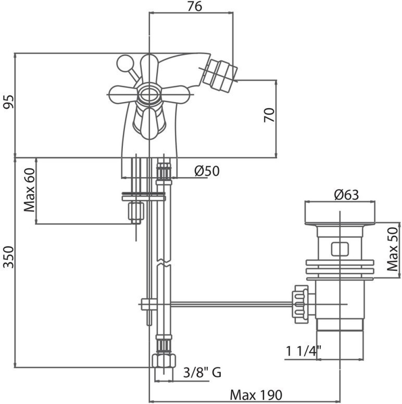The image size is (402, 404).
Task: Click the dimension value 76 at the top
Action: [195, 7]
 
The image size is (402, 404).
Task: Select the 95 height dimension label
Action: [8, 102]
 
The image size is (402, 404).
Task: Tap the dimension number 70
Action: [269, 115]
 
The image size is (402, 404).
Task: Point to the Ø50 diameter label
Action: [207, 171]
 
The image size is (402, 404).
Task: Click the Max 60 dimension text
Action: [29, 190]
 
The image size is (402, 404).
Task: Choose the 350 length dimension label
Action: [8, 257]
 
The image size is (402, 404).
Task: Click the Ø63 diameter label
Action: [346, 195]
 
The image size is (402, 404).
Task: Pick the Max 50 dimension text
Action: [393, 249]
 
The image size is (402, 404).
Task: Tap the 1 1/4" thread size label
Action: [304, 351]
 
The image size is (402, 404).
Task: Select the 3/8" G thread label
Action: [202, 372]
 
